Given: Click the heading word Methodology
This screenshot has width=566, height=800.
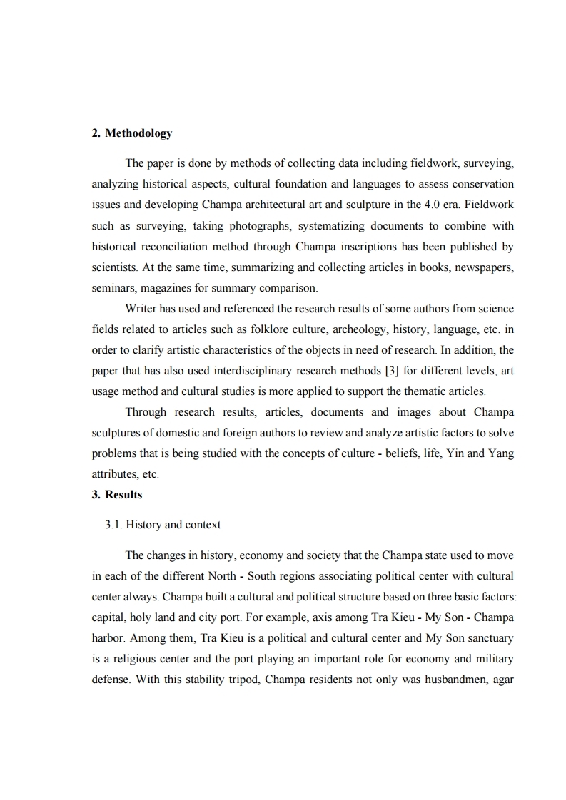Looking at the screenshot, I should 138,133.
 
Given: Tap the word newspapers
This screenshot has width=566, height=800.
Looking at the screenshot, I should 485,267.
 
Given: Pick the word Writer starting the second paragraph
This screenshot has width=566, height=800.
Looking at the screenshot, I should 141,309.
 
